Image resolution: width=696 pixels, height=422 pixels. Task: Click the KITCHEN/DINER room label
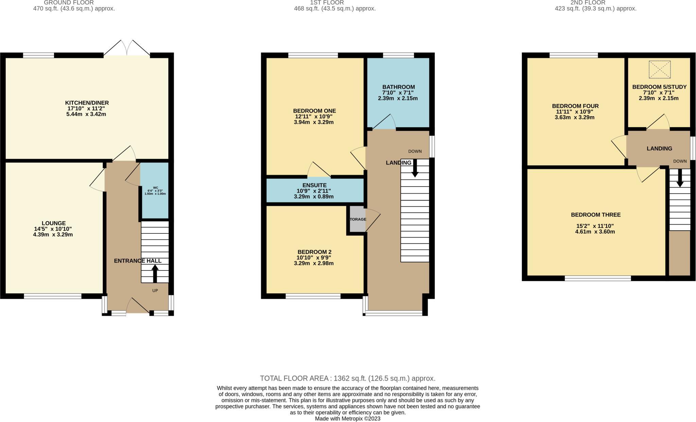click(87, 103)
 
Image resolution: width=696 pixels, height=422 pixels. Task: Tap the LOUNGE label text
click(53, 223)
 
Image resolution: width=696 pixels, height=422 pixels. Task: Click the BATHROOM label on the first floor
click(398, 87)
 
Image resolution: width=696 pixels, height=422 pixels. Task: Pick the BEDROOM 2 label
click(314, 252)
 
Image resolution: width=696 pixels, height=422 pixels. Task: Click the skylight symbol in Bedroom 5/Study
click(659, 70)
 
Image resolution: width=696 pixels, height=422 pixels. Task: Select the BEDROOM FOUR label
click(575, 106)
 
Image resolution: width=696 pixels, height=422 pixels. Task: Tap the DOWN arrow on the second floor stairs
click(680, 178)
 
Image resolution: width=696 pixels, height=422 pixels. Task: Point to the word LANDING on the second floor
click(659, 148)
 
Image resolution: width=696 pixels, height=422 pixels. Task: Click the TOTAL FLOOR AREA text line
click(347, 378)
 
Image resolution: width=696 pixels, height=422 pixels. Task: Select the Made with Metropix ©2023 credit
click(347, 419)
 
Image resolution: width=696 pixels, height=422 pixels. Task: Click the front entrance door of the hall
click(138, 306)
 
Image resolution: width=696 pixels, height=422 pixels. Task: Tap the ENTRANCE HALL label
click(137, 261)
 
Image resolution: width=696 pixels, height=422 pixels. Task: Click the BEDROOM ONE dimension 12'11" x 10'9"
click(313, 116)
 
